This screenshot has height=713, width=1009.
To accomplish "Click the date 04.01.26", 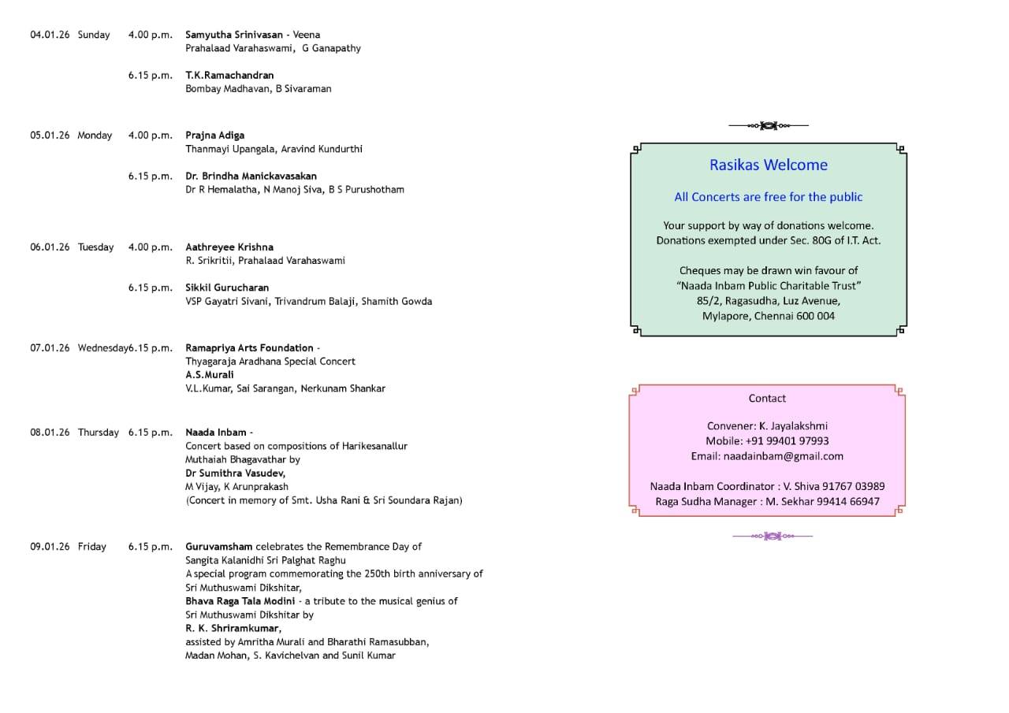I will [x=50, y=35].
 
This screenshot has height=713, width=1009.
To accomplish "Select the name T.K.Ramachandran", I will [x=229, y=76].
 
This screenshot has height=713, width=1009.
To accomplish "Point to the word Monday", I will [x=95, y=136].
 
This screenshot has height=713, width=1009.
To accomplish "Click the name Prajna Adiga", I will [x=214, y=136].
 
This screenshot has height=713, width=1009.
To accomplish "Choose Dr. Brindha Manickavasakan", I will [x=251, y=176].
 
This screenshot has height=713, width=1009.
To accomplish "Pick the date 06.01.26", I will [x=50, y=247].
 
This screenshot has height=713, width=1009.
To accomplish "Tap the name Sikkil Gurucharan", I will [x=227, y=288].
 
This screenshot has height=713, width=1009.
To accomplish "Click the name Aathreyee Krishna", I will [x=229, y=247].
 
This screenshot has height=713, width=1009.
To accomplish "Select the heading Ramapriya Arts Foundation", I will [x=249, y=348].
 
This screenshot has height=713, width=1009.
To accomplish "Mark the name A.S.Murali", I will [x=210, y=375].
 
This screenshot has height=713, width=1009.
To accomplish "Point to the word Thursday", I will [x=99, y=433].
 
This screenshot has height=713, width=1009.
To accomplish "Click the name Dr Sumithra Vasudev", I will [x=235, y=473].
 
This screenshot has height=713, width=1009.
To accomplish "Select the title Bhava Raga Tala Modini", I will [x=240, y=601].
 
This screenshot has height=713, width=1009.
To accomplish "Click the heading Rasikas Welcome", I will [x=769, y=165].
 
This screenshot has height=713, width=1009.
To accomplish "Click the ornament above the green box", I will [x=769, y=125].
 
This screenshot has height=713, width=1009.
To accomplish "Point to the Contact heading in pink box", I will [x=767, y=399].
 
